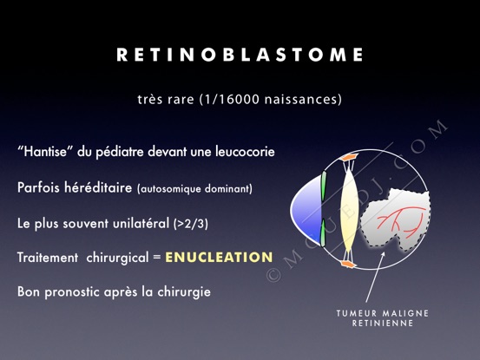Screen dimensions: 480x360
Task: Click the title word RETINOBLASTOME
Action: click(240, 55)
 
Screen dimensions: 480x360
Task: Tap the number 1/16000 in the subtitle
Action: click(231, 100)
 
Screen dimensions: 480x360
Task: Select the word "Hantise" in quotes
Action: click(45, 152)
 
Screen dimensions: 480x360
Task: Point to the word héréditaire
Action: click(98, 187)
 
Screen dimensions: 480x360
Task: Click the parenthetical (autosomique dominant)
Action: click(194, 189)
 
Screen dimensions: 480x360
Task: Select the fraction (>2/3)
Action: click(190, 224)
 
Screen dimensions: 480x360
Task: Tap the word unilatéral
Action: click(141, 223)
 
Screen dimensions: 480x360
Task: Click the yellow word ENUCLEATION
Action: click(219, 258)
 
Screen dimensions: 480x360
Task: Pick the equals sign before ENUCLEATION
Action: click(157, 258)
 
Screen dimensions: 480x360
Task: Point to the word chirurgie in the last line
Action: click(184, 291)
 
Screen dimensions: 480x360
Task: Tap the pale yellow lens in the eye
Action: click(350, 210)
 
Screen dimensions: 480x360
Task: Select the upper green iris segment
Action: click(323, 187)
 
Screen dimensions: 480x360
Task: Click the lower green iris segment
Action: click(323, 232)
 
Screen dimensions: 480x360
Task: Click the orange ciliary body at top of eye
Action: click(349, 157)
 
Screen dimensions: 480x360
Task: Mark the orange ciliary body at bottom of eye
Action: click(349, 264)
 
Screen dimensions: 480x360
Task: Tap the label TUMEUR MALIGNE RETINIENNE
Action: click(382, 318)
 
